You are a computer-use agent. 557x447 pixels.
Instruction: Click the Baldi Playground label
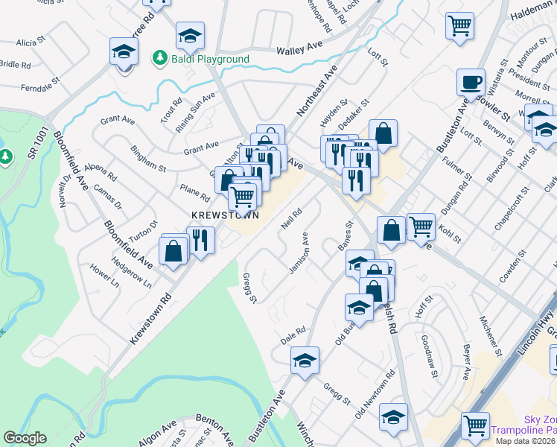[209, 58]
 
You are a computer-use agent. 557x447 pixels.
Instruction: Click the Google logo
[25, 438]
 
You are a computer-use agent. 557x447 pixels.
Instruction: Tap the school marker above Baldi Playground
[190, 35]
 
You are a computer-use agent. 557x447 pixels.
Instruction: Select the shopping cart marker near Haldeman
[460, 25]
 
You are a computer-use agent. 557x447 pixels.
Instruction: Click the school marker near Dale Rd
[304, 361]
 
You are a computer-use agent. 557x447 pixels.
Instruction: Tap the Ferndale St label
[40, 88]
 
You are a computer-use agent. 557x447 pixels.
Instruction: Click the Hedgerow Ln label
[131, 273]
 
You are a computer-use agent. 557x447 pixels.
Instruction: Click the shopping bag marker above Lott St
[383, 133]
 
